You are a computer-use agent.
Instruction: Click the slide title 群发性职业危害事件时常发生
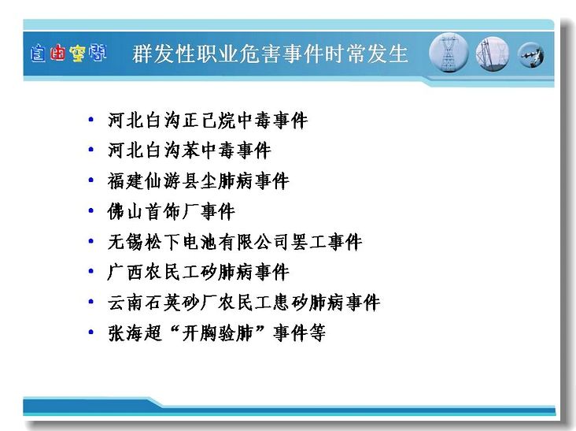tap(270, 54)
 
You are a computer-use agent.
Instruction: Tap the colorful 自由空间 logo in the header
tap(68, 54)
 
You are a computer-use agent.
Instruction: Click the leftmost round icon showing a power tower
tap(449, 53)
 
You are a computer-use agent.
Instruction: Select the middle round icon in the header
tap(493, 54)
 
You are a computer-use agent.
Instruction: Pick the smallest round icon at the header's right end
tap(531, 55)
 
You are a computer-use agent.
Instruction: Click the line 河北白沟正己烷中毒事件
tap(208, 121)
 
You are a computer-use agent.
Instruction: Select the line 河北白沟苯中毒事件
tap(189, 150)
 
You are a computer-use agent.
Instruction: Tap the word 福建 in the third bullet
tap(125, 181)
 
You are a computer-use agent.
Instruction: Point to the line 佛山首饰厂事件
tap(171, 212)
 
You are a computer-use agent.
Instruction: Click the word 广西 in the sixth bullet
tap(125, 273)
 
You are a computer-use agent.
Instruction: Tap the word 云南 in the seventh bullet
tap(125, 303)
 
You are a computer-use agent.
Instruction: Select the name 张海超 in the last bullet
tap(135, 333)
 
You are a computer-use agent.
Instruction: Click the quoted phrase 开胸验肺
tap(216, 333)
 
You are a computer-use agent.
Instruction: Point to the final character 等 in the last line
tap(317, 333)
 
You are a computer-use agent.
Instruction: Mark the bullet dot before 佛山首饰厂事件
tap(91, 210)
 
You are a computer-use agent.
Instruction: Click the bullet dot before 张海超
tap(91, 333)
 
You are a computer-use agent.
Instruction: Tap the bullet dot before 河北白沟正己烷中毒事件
tap(91, 120)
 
